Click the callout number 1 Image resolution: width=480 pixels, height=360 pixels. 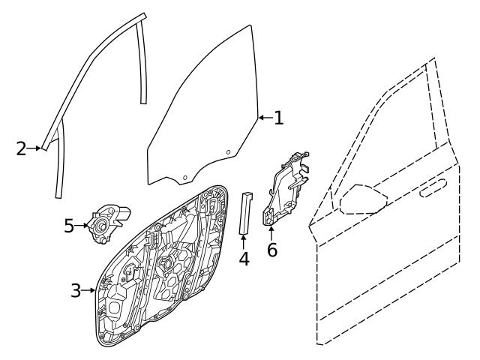(278, 118)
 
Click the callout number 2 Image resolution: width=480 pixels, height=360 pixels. (21, 148)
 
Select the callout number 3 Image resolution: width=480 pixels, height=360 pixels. (75, 289)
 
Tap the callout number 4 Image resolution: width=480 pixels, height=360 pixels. (244, 259)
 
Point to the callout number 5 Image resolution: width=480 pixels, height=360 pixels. (69, 224)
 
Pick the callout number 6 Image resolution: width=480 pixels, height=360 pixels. (272, 249)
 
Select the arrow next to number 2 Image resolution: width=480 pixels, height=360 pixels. (34, 148)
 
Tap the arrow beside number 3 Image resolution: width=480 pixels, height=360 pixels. (88, 289)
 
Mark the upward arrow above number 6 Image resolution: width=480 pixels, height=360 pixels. (271, 230)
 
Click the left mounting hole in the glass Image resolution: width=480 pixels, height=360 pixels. (184, 177)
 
